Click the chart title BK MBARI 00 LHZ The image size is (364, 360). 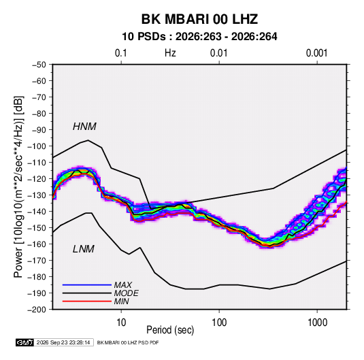point(199,19)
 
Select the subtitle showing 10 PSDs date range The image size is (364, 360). point(199,37)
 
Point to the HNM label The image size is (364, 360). point(84,127)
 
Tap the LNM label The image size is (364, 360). point(84,249)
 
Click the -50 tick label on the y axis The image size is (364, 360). point(39,65)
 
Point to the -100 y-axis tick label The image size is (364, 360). point(37,146)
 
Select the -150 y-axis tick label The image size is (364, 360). point(37,228)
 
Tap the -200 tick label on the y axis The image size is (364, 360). point(37,310)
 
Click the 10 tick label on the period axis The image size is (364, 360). point(121,323)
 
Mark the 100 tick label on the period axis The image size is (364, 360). point(219,323)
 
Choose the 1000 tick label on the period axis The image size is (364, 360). point(317,323)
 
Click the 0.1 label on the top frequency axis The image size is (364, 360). point(121,53)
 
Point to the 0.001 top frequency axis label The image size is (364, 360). point(316,53)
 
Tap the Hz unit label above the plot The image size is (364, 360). point(170,53)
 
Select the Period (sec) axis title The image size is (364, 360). point(170,330)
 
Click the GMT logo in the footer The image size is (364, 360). point(24,342)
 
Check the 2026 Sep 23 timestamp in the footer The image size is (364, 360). point(63,342)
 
